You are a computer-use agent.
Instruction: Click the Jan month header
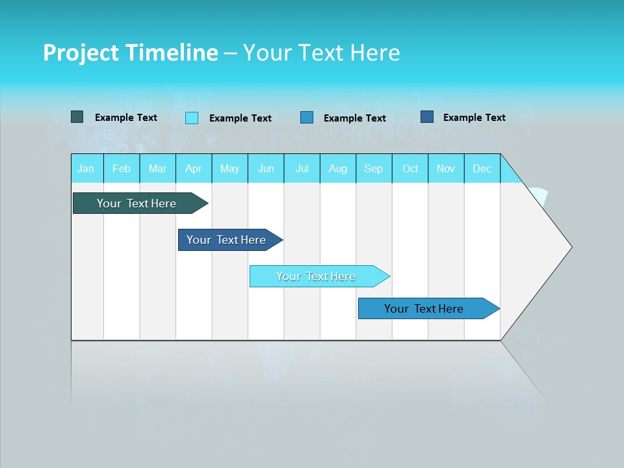coord(86,168)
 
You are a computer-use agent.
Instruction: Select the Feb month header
coord(122,168)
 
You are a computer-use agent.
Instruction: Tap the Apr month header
coord(194,168)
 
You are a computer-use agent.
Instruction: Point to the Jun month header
coord(266,168)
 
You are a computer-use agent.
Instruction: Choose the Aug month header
coord(338,168)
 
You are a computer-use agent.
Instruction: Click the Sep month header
coord(374,168)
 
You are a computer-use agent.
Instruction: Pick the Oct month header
coord(410,168)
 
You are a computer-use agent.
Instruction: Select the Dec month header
coord(482,168)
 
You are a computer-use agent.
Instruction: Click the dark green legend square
coord(77,117)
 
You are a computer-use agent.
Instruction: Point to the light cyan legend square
coord(192,118)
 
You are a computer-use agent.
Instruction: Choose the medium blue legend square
coord(307,118)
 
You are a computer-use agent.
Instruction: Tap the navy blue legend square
coord(427,117)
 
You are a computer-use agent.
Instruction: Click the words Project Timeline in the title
coord(130,53)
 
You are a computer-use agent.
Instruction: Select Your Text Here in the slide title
coord(321,53)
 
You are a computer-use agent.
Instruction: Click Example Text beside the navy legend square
coord(474,117)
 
